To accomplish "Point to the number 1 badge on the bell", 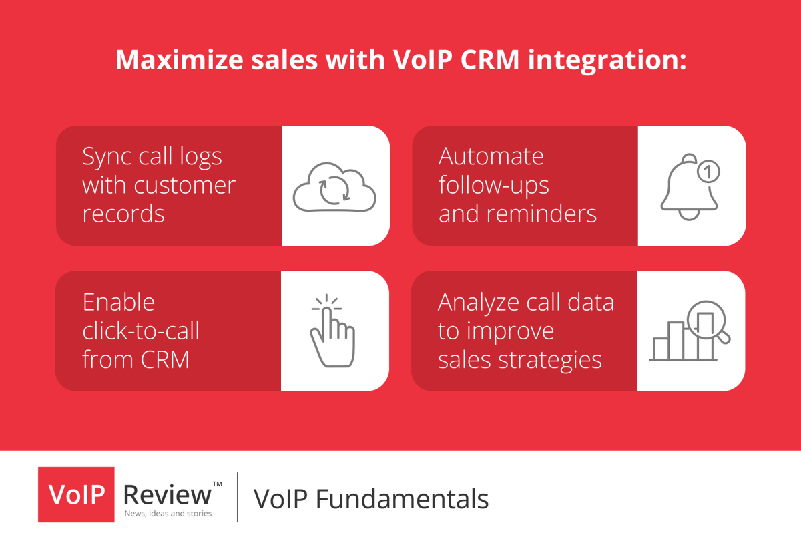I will click(x=708, y=172).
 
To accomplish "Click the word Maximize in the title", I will click(x=174, y=60).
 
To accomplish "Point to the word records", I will click(x=123, y=214).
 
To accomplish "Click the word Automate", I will click(x=491, y=156).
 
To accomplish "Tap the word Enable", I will click(x=118, y=302).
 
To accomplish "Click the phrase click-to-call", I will click(x=141, y=331).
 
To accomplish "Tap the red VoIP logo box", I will click(x=76, y=495).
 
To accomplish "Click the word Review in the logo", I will click(x=168, y=494).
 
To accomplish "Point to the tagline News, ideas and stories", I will click(x=168, y=514).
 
